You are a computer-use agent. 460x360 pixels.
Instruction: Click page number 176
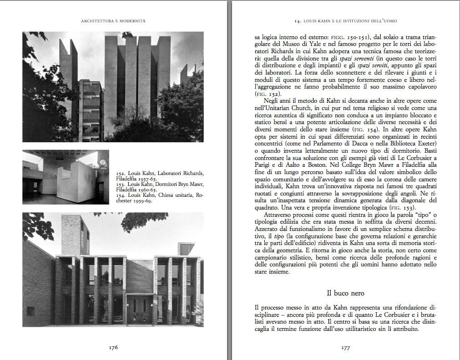(x=113, y=347)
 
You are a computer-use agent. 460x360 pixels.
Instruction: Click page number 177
(x=345, y=348)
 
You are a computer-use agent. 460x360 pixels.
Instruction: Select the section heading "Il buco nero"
(x=345, y=293)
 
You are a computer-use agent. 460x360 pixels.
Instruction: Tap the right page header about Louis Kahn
(x=346, y=21)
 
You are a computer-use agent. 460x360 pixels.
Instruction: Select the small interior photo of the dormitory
(x=66, y=177)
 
